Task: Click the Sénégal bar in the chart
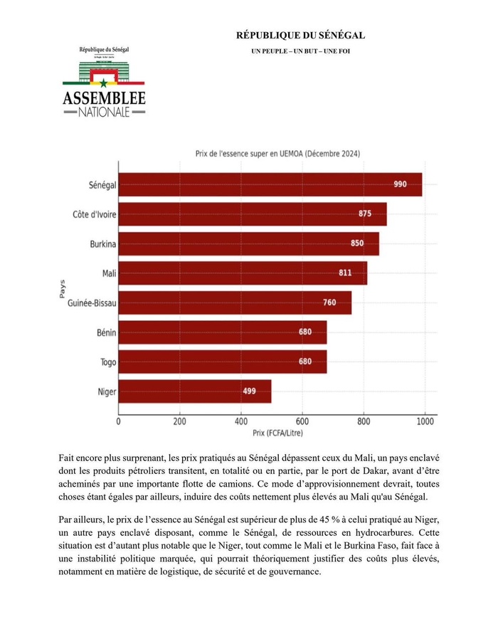pos(270,184)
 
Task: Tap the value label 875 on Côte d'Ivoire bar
pos(365,213)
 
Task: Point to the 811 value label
pos(346,273)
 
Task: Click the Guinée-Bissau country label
pos(92,303)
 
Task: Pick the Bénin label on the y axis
pos(106,332)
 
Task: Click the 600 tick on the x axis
pos(302,421)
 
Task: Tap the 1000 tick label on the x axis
pos(425,421)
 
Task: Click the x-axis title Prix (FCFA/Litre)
pos(277,432)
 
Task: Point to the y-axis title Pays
pos(63,287)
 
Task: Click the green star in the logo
pos(103,83)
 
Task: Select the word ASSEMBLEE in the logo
pos(104,98)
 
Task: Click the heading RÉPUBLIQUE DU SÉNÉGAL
pos(300,36)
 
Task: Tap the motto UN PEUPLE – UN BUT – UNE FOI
pos(300,51)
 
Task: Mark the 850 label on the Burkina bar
pos(356,243)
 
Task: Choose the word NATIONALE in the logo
pos(104,112)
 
